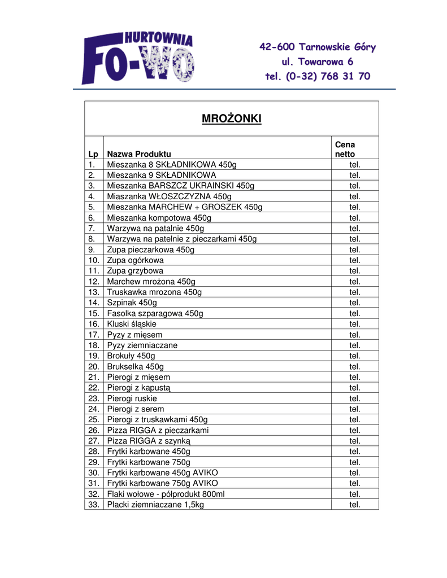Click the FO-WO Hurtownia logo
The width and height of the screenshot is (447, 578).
138,58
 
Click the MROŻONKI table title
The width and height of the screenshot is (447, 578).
232,119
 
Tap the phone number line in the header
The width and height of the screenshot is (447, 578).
318,76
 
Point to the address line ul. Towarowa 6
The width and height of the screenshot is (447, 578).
318,61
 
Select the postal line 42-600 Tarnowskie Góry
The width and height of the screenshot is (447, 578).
318,46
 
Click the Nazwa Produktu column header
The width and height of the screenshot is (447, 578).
139,154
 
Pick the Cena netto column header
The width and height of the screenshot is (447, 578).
345,149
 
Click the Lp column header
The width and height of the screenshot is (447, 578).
93,154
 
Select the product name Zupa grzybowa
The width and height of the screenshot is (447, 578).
135,271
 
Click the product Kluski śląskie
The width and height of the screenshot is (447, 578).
132,324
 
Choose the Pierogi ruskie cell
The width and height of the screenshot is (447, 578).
132,398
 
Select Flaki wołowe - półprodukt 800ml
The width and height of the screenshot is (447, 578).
166,493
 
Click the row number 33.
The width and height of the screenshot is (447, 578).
94,504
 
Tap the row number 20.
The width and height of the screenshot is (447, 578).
94,366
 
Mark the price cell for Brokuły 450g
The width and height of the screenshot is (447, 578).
354,356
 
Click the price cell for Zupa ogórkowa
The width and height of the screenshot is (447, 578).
354,260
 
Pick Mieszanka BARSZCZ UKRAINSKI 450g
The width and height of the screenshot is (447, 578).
181,186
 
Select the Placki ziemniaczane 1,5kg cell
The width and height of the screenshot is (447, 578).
155,504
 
